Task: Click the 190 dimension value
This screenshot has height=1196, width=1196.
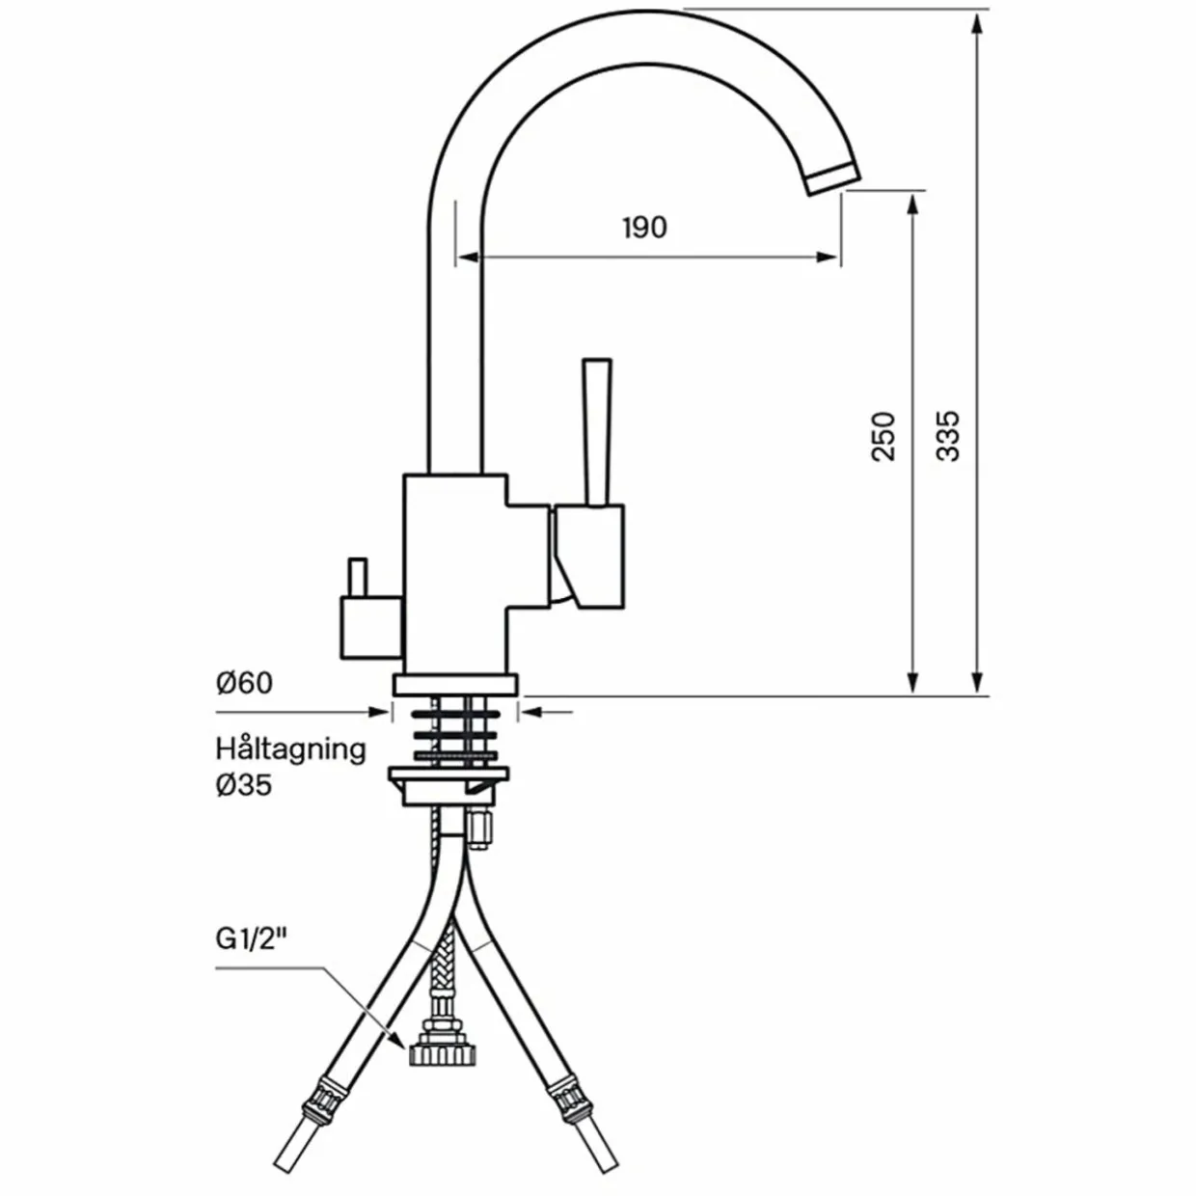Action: [x=645, y=228]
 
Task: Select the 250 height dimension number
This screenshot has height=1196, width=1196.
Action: [x=883, y=436]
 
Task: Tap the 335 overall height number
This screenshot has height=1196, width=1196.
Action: [x=947, y=436]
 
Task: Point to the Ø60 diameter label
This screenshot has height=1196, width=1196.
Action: [x=244, y=683]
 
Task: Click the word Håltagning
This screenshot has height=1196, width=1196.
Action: [x=290, y=750]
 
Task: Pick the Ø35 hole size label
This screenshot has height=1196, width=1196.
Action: [x=244, y=786]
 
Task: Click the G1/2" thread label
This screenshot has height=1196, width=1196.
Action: [x=251, y=938]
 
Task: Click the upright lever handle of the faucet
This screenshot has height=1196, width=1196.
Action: [x=597, y=433]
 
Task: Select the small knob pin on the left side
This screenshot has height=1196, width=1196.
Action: [x=358, y=577]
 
